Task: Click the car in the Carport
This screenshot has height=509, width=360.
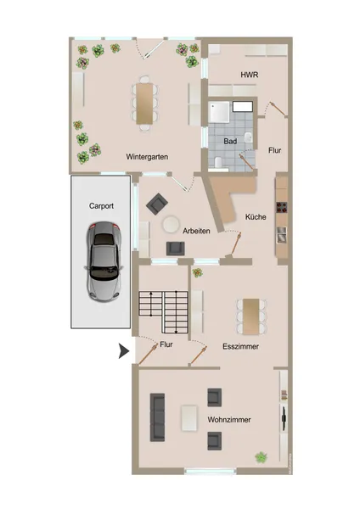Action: click(x=104, y=262)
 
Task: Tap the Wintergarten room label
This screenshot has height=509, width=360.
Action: click(x=147, y=157)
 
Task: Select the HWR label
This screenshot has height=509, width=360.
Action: click(x=250, y=75)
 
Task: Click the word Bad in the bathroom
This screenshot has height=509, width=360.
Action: click(x=230, y=141)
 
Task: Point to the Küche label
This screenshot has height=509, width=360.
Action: click(x=256, y=217)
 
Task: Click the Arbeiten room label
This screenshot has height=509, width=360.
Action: click(x=196, y=231)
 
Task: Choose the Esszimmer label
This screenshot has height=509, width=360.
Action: click(x=241, y=346)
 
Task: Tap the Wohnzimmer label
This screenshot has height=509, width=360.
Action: click(x=229, y=420)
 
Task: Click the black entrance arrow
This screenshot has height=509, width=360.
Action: click(x=123, y=351)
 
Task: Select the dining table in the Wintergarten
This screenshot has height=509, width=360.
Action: click(x=144, y=103)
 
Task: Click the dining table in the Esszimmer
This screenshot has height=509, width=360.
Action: click(x=251, y=316)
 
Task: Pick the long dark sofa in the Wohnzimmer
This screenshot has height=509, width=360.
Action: click(x=157, y=417)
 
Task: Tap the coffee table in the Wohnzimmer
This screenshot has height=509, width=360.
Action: click(x=189, y=417)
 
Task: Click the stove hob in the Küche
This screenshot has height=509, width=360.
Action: click(x=282, y=208)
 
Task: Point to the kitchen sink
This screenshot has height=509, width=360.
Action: click(x=282, y=235)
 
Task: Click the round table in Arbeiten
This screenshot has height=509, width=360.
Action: click(x=171, y=224)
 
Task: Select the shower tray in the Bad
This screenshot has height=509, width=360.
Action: click(x=219, y=112)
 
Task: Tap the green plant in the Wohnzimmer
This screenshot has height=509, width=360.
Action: click(x=261, y=457)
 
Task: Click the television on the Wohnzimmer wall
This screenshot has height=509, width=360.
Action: click(x=284, y=418)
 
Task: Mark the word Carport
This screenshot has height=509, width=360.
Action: click(x=101, y=206)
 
